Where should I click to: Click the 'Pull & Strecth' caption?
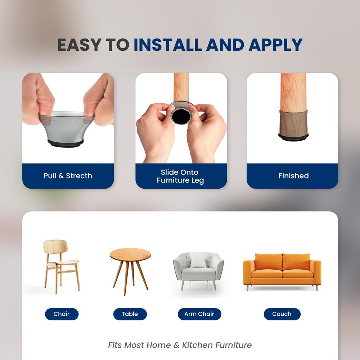click(68, 176)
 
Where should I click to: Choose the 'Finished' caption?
click(293, 176)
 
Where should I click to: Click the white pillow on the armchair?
click(198, 260)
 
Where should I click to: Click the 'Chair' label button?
click(62, 314)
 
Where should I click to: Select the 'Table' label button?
click(130, 314)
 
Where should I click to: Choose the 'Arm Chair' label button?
click(199, 314)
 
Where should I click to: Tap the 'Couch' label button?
click(282, 314)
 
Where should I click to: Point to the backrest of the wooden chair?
click(55, 247)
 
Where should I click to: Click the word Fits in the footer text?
click(115, 345)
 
